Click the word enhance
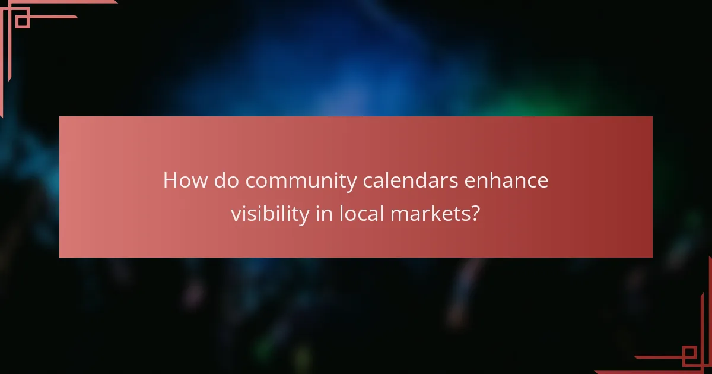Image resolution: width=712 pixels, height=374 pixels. tap(506, 180)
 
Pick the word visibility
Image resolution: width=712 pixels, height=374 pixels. tap(270, 214)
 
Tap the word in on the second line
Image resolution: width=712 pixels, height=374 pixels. tap(324, 213)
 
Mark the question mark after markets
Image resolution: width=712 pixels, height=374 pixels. tap(473, 213)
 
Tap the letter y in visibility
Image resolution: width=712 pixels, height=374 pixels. tap(304, 217)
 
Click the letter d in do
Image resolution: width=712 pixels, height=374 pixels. tap(220, 180)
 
